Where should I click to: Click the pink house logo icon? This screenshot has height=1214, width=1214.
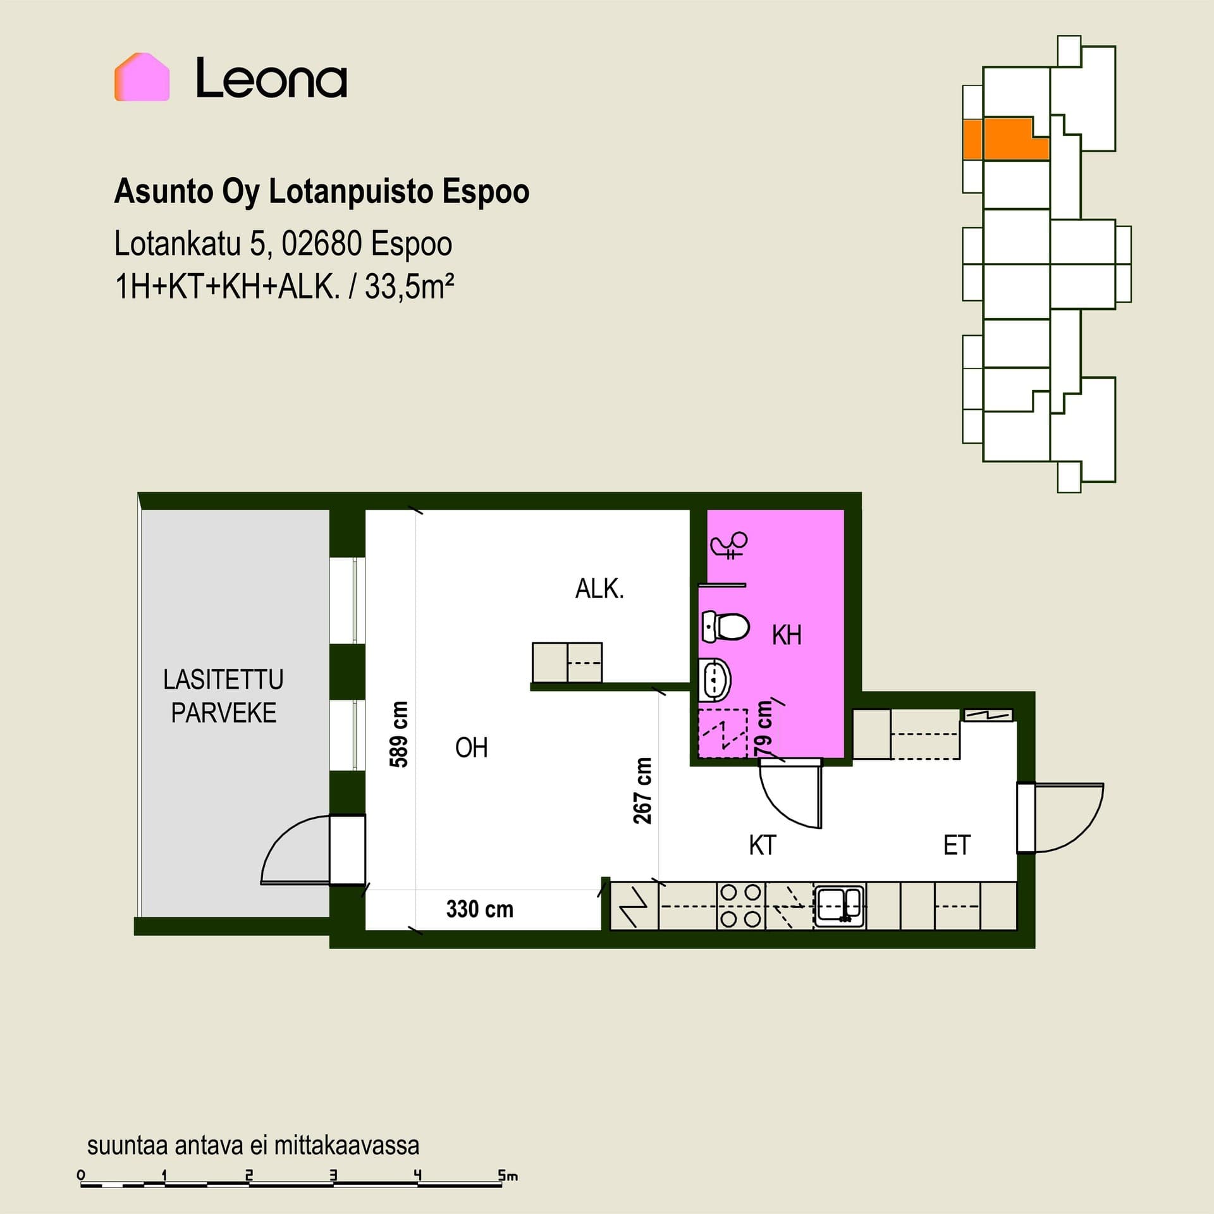[142, 77]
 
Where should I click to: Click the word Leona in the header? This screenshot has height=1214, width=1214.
[271, 78]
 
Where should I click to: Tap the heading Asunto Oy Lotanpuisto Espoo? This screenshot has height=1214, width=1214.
[321, 192]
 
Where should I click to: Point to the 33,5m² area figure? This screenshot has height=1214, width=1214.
[410, 288]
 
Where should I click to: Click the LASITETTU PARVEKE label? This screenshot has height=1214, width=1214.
[223, 696]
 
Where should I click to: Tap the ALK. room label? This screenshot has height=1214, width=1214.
[599, 589]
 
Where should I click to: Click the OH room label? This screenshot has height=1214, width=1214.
[472, 748]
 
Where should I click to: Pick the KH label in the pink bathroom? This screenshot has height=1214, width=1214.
[787, 635]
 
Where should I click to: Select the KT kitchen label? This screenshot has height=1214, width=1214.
[762, 845]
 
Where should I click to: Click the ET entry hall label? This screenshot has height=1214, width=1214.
[957, 845]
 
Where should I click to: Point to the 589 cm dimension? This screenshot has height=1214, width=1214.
[399, 733]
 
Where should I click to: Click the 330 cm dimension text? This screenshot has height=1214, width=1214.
[480, 909]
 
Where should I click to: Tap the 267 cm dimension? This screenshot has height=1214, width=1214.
[642, 790]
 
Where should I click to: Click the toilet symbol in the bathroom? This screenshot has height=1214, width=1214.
[726, 627]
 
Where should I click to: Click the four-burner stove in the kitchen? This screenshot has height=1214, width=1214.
[740, 905]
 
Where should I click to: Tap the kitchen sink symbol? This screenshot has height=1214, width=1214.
[839, 905]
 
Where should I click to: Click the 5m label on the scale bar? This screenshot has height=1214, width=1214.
[508, 1175]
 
